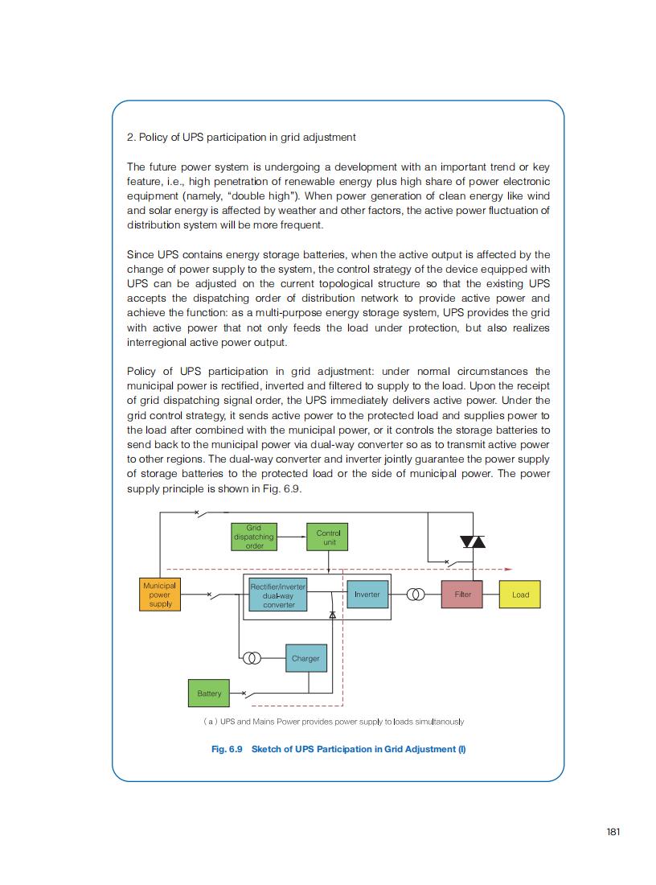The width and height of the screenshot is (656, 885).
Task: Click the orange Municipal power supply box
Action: pyautogui.click(x=159, y=595)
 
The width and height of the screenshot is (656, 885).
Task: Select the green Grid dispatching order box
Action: pyautogui.click(x=253, y=537)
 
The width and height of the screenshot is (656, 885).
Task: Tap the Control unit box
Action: pyautogui.click(x=328, y=537)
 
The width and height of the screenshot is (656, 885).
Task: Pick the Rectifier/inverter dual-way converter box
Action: pyautogui.click(x=278, y=595)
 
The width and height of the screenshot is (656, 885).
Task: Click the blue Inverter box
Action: pyautogui.click(x=367, y=595)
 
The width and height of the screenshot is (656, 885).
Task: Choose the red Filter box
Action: pyautogui.click(x=462, y=595)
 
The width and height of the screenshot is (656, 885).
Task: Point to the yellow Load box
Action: pyautogui.click(x=520, y=595)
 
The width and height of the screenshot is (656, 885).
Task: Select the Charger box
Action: pyautogui.click(x=305, y=658)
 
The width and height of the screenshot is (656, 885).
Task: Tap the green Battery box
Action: pyautogui.click(x=209, y=694)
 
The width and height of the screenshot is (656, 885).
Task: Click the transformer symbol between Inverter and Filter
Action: pyautogui.click(x=416, y=595)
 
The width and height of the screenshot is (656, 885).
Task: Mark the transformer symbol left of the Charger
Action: pyautogui.click(x=252, y=658)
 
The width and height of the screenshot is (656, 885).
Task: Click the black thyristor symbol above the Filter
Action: pyautogui.click(x=473, y=541)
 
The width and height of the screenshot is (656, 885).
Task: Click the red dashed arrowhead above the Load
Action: pyautogui.click(x=509, y=568)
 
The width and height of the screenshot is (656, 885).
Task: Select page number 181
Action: pyautogui.click(x=613, y=831)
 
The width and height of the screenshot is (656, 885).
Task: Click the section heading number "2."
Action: pyautogui.click(x=131, y=138)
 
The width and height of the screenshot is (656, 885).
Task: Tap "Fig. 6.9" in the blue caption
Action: pyautogui.click(x=227, y=749)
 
